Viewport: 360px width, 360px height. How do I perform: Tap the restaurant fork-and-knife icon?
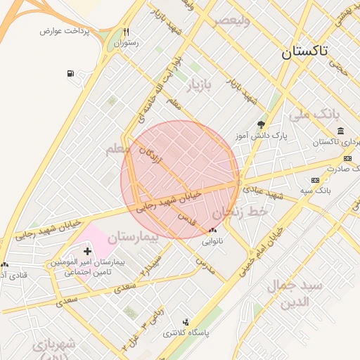(x=127, y=32)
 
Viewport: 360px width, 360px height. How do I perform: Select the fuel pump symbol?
(x=70, y=73)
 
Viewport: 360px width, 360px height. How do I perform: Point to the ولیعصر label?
(x=243, y=19)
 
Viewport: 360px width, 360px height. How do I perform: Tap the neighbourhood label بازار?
(x=199, y=86)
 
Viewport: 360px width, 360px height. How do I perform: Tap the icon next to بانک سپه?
(x=314, y=181)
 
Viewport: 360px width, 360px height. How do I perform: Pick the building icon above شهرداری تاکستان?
(x=340, y=131)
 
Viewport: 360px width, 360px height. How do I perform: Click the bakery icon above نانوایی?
(x=213, y=231)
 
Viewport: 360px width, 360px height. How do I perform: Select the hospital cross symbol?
(x=87, y=251)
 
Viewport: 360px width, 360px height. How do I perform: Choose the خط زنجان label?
(x=242, y=211)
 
